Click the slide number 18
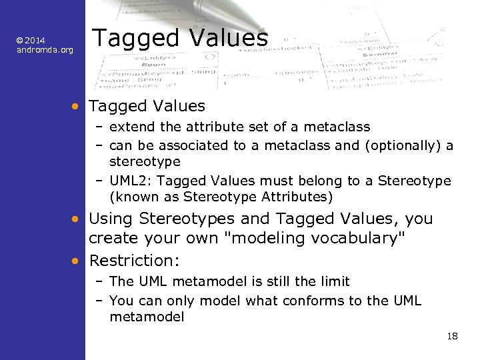[453, 336]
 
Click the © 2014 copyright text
[31, 41]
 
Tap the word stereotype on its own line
[145, 162]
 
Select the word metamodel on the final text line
[147, 318]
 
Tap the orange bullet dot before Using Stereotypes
[77, 219]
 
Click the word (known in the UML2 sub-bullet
[131, 197]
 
